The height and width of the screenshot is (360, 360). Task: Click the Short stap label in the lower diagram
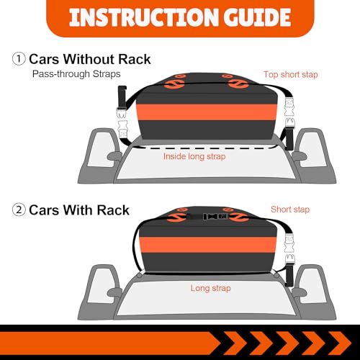click(290, 210)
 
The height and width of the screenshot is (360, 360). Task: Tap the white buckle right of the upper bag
click(290, 113)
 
